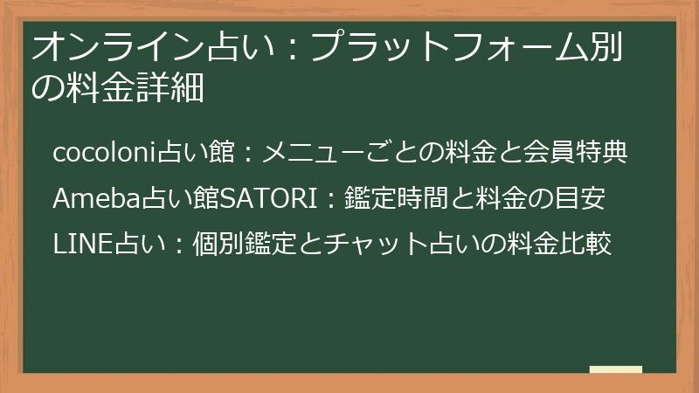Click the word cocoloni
(x=105, y=152)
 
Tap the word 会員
(x=549, y=152)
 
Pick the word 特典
(x=601, y=152)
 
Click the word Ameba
(x=97, y=198)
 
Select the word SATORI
(x=269, y=198)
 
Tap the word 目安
(x=579, y=198)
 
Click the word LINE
(x=82, y=245)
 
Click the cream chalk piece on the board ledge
(x=616, y=369)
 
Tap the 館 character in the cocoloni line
(x=222, y=152)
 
